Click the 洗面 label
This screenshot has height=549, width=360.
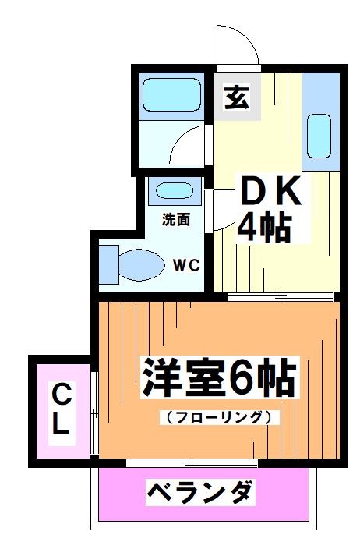[175, 220]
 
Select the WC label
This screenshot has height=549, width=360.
[186, 264]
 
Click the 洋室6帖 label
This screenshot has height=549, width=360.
[217, 380]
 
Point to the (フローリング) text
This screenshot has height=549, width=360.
[218, 416]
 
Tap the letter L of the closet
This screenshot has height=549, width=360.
[60, 425]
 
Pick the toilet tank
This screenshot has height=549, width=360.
[108, 263]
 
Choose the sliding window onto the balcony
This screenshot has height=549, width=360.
[192, 464]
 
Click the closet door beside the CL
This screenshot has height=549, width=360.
[92, 413]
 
